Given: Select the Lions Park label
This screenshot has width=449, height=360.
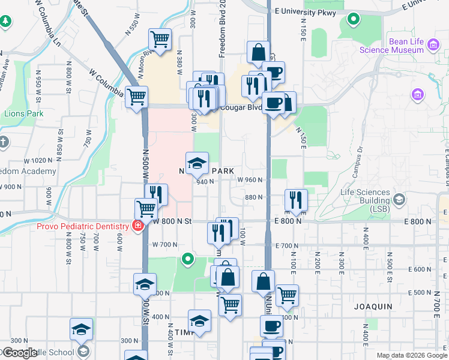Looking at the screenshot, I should pyautogui.click(x=24, y=113).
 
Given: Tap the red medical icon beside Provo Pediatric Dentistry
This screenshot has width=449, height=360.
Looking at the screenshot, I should pyautogui.click(x=138, y=226).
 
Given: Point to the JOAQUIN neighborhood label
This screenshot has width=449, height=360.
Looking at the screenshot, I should pyautogui.click(x=373, y=307).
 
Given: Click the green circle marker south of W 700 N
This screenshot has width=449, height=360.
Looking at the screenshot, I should pyautogui.click(x=188, y=259).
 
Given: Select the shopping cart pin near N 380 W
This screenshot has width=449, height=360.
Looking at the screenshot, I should pyautogui.click(x=160, y=40).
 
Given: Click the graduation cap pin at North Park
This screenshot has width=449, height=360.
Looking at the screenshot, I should pyautogui.click(x=197, y=163).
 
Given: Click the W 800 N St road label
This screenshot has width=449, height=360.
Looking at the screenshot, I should pyautogui.click(x=172, y=221).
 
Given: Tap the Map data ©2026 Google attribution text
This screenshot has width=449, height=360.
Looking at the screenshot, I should pyautogui.click(x=411, y=355).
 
